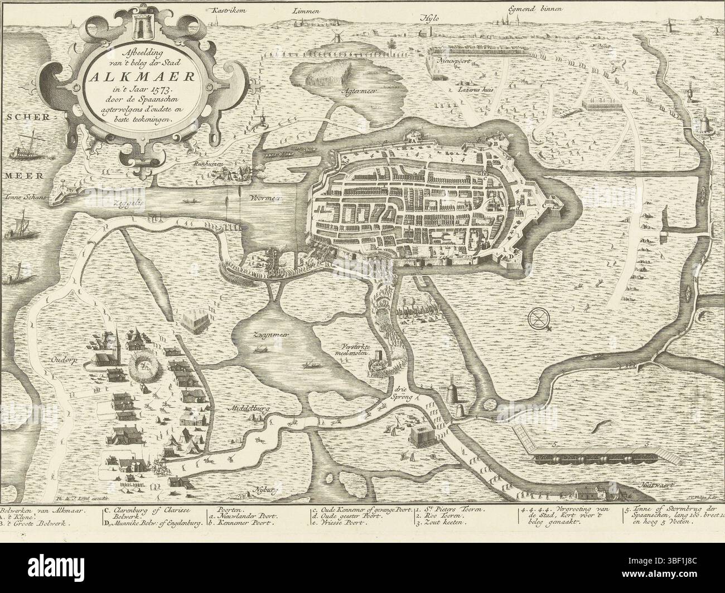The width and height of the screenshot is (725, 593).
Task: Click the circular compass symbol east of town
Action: pos(538,319)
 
